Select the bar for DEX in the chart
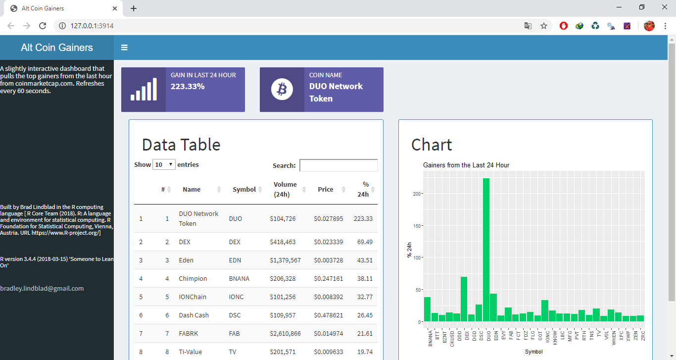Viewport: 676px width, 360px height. tap(464, 299)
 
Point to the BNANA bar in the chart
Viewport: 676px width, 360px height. tap(427, 309)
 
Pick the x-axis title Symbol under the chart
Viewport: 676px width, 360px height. tap(533, 352)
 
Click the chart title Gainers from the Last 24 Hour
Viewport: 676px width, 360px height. tap(466, 165)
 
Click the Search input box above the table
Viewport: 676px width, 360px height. tap(338, 165)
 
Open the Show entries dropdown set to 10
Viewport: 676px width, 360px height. tap(164, 164)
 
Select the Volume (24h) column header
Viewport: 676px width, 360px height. tap(285, 189)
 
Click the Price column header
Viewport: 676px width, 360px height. tap(325, 189)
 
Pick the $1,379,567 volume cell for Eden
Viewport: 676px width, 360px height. tap(285, 260)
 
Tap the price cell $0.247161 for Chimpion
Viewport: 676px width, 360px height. tap(328, 278)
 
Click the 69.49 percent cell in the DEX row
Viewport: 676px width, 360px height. tap(365, 242)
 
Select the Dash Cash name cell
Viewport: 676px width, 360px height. tap(193, 315)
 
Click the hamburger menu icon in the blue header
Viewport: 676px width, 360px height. tap(124, 48)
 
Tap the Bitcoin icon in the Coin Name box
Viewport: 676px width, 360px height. tap(282, 90)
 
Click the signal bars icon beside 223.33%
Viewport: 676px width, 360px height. tap(144, 90)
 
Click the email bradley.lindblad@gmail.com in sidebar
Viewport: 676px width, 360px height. tap(42, 288)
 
